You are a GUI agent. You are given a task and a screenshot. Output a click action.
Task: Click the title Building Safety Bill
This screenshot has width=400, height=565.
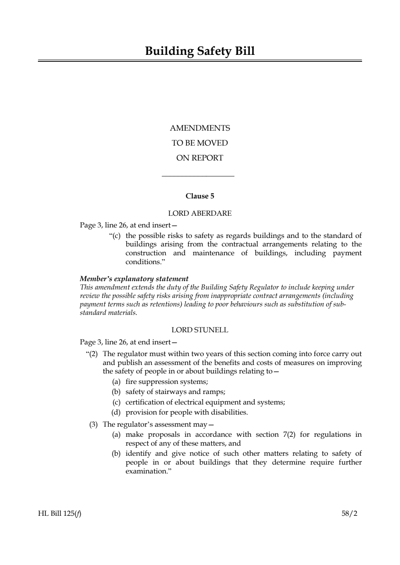coord(200,51)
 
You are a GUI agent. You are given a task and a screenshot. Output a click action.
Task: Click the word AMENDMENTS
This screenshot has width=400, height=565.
coord(200,128)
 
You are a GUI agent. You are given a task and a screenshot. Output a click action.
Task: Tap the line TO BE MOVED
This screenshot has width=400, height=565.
coord(200,143)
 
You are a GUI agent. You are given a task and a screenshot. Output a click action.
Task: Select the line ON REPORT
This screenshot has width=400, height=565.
coord(200,158)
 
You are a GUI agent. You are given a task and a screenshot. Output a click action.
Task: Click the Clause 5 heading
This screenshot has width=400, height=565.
coord(200,196)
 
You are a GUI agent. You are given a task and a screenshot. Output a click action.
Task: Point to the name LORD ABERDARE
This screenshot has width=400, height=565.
coord(200,213)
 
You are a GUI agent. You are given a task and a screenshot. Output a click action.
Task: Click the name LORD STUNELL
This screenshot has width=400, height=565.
coord(200,330)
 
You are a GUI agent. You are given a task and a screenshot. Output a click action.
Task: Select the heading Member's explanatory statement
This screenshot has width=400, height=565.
coord(134,279)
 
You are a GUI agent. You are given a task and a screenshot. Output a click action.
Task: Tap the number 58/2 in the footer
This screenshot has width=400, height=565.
coord(349,513)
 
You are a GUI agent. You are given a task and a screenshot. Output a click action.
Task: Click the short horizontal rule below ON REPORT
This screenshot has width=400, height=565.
coord(198,176)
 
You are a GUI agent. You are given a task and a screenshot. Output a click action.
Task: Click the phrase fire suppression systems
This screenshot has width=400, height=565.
coord(166,382)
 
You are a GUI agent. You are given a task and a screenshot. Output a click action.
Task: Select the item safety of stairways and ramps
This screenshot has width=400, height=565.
coord(175,392)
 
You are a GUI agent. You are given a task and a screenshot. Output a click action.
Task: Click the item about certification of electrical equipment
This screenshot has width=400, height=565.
coord(205,402)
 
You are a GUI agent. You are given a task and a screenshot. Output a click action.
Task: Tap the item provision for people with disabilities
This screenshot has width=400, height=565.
coord(186,412)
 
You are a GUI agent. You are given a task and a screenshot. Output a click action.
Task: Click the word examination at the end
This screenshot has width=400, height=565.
coord(145,471)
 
